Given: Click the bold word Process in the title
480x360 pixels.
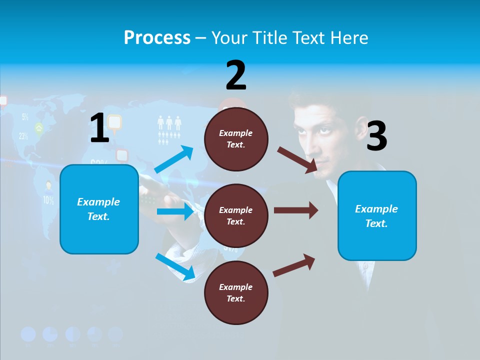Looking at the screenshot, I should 157,37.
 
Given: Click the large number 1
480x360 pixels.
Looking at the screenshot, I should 99,128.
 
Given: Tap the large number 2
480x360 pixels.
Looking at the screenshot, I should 236,76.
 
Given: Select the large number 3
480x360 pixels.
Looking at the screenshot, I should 376,136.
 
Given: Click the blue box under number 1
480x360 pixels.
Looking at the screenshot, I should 99,209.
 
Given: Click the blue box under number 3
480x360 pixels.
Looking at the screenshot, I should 377,215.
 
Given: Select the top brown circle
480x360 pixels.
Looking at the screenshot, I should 236,139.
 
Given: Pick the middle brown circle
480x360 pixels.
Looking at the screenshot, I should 236,215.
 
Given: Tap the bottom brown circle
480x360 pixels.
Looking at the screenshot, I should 236,292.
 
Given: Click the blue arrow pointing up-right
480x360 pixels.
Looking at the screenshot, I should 174,159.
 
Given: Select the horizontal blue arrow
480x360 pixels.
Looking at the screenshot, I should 175,212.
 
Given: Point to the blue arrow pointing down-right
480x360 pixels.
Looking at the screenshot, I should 175,266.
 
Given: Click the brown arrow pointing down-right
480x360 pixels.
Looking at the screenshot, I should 297,159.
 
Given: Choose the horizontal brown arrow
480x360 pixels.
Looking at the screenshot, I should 296,210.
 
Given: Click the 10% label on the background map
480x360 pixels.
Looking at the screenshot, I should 48,200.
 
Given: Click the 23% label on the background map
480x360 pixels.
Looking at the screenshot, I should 23,136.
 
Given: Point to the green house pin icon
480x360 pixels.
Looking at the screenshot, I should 38,128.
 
